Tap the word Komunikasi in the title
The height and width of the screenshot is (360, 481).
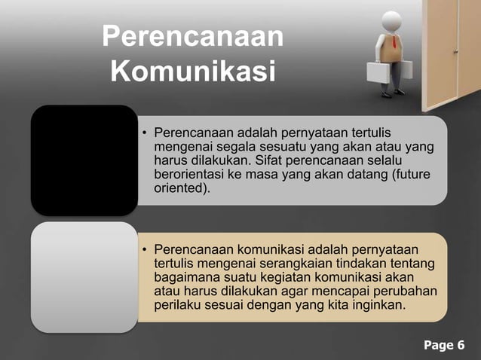(x=191, y=74)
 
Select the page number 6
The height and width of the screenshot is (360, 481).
(x=460, y=346)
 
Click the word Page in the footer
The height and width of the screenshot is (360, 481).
(x=437, y=346)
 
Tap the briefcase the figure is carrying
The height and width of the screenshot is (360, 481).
(x=378, y=73)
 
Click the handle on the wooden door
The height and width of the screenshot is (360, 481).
(x=455, y=51)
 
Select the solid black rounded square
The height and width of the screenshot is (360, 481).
(x=84, y=160)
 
